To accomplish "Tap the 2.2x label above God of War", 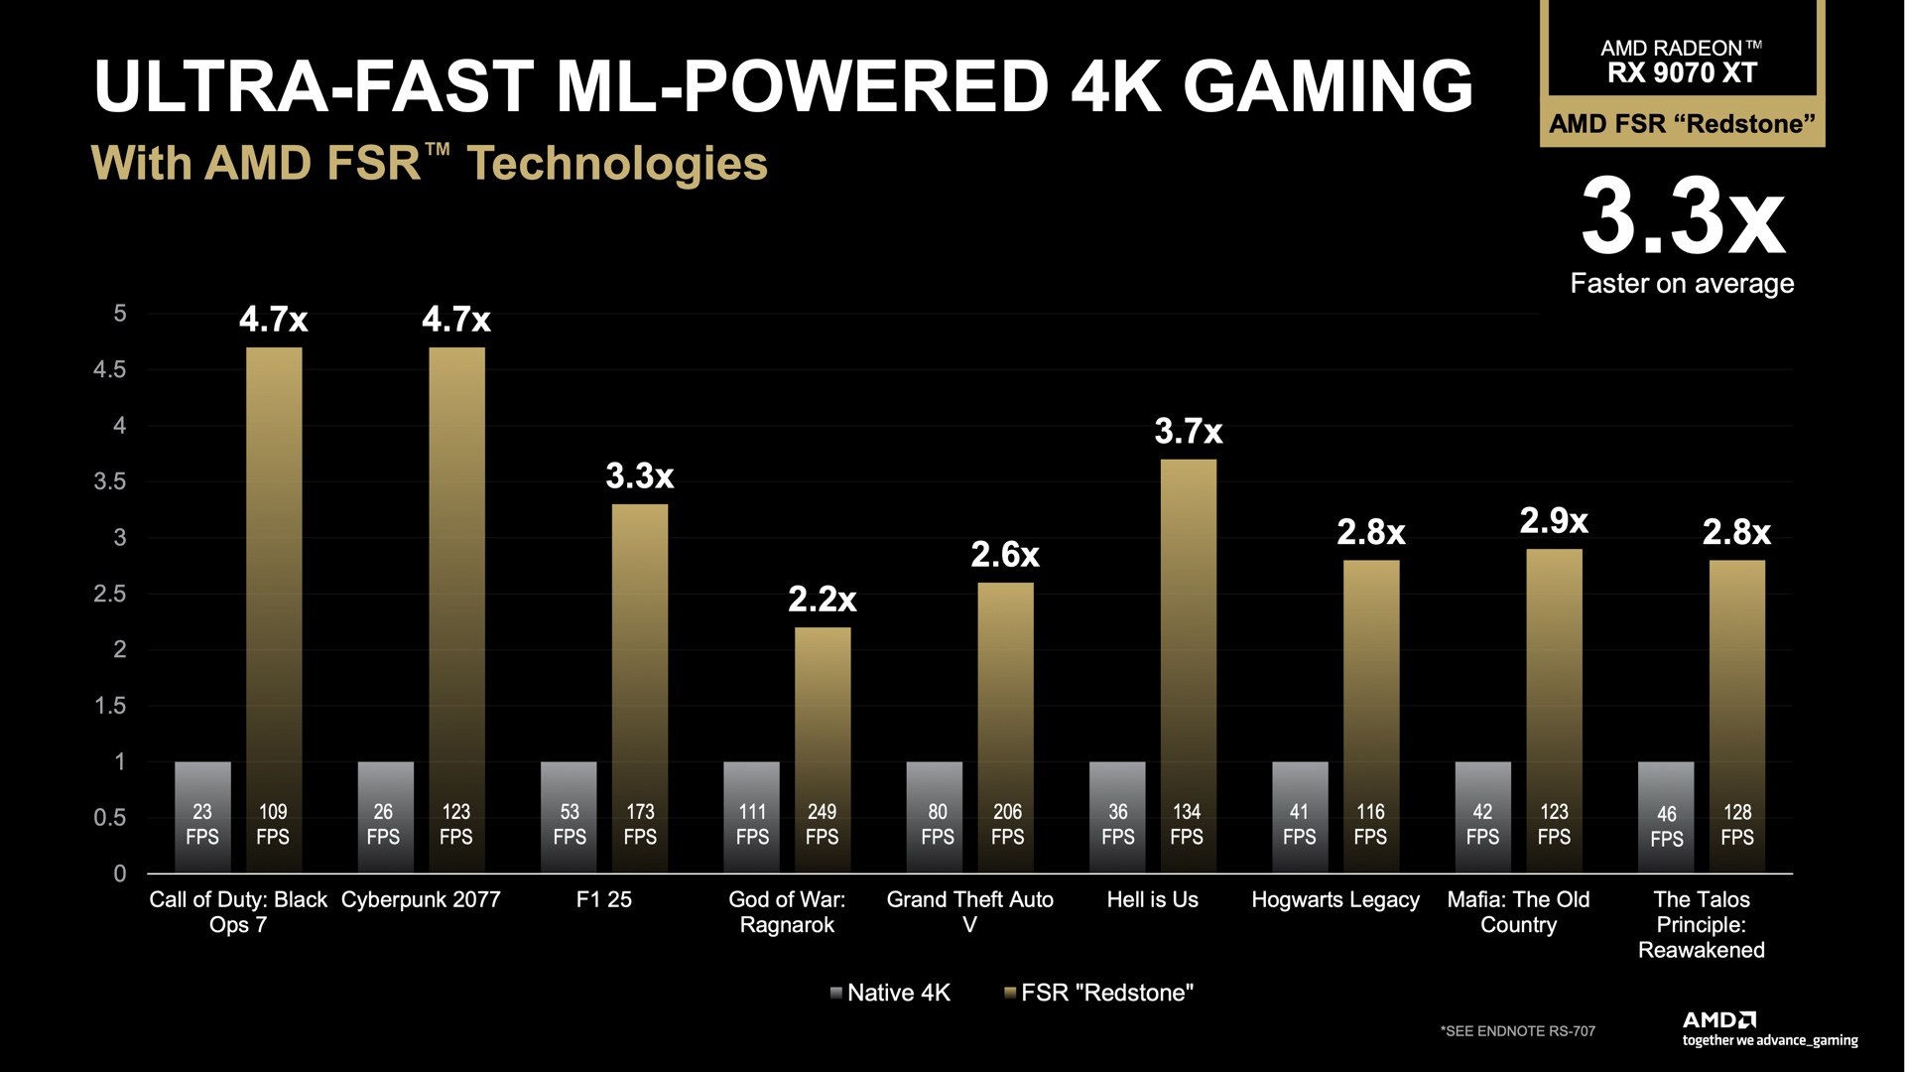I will click(822, 600).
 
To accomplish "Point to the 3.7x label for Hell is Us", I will click(1188, 432).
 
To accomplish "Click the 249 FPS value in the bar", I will click(822, 825).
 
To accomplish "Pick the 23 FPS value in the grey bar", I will click(202, 825).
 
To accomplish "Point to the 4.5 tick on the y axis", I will click(110, 370).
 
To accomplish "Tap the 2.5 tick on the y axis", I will click(110, 595).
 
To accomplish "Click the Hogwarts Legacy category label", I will click(1335, 900).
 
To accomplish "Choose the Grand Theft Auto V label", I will click(969, 912).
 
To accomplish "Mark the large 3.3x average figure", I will click(1683, 217).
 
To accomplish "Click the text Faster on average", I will click(1682, 284).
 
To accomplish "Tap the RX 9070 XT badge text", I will click(1682, 72).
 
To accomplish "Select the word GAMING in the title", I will click(1328, 86).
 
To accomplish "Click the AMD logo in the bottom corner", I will click(1719, 1020).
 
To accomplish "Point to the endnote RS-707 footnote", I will click(1517, 1031).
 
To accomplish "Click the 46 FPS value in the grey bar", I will click(1666, 826).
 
